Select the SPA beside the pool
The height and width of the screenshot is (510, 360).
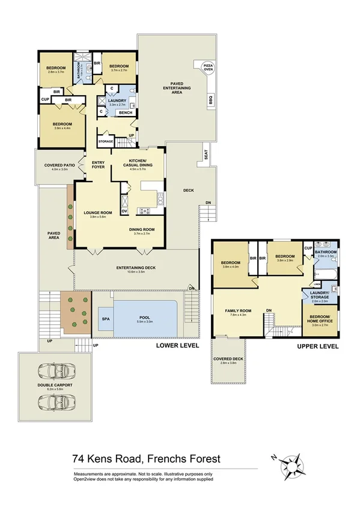(x=105, y=318)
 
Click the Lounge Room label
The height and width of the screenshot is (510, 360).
(x=97, y=214)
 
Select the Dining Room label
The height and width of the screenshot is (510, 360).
(x=142, y=230)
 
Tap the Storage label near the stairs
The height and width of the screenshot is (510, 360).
(x=106, y=141)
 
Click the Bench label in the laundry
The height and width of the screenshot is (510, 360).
(x=126, y=112)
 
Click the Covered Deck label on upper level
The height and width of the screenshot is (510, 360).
(x=228, y=361)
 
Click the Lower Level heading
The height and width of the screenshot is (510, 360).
(x=178, y=347)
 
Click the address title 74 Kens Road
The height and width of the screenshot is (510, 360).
(x=146, y=459)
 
